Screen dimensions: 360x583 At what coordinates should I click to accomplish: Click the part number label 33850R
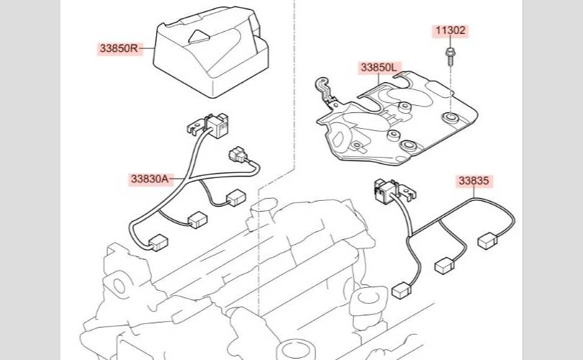click(x=119, y=49)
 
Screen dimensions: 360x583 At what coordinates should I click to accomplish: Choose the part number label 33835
click(x=475, y=181)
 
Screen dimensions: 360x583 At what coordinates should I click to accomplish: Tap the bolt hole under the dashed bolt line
click(x=450, y=116)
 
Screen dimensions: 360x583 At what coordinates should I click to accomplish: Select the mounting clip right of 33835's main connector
click(x=410, y=192)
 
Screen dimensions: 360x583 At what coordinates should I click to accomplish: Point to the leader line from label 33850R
click(x=147, y=49)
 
